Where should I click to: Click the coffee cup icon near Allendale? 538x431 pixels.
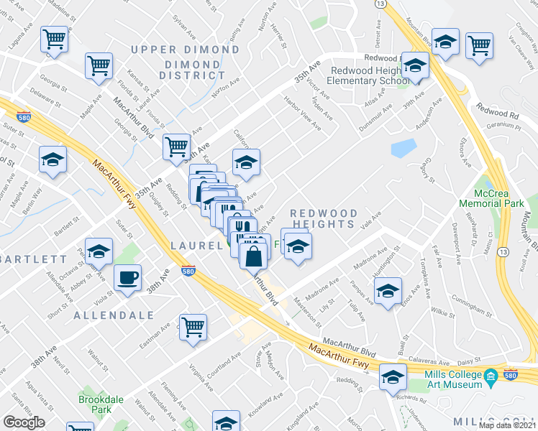127,277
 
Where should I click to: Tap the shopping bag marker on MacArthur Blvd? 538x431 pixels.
254,254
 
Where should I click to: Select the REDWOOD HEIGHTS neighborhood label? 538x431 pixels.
323,219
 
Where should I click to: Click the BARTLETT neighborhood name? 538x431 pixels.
32,259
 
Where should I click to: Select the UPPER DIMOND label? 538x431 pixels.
185,50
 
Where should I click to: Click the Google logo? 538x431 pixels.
24,422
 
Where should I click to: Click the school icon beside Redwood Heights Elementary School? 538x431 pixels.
414,66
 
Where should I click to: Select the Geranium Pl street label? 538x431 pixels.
504,124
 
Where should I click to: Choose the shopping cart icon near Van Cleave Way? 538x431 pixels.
478,45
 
